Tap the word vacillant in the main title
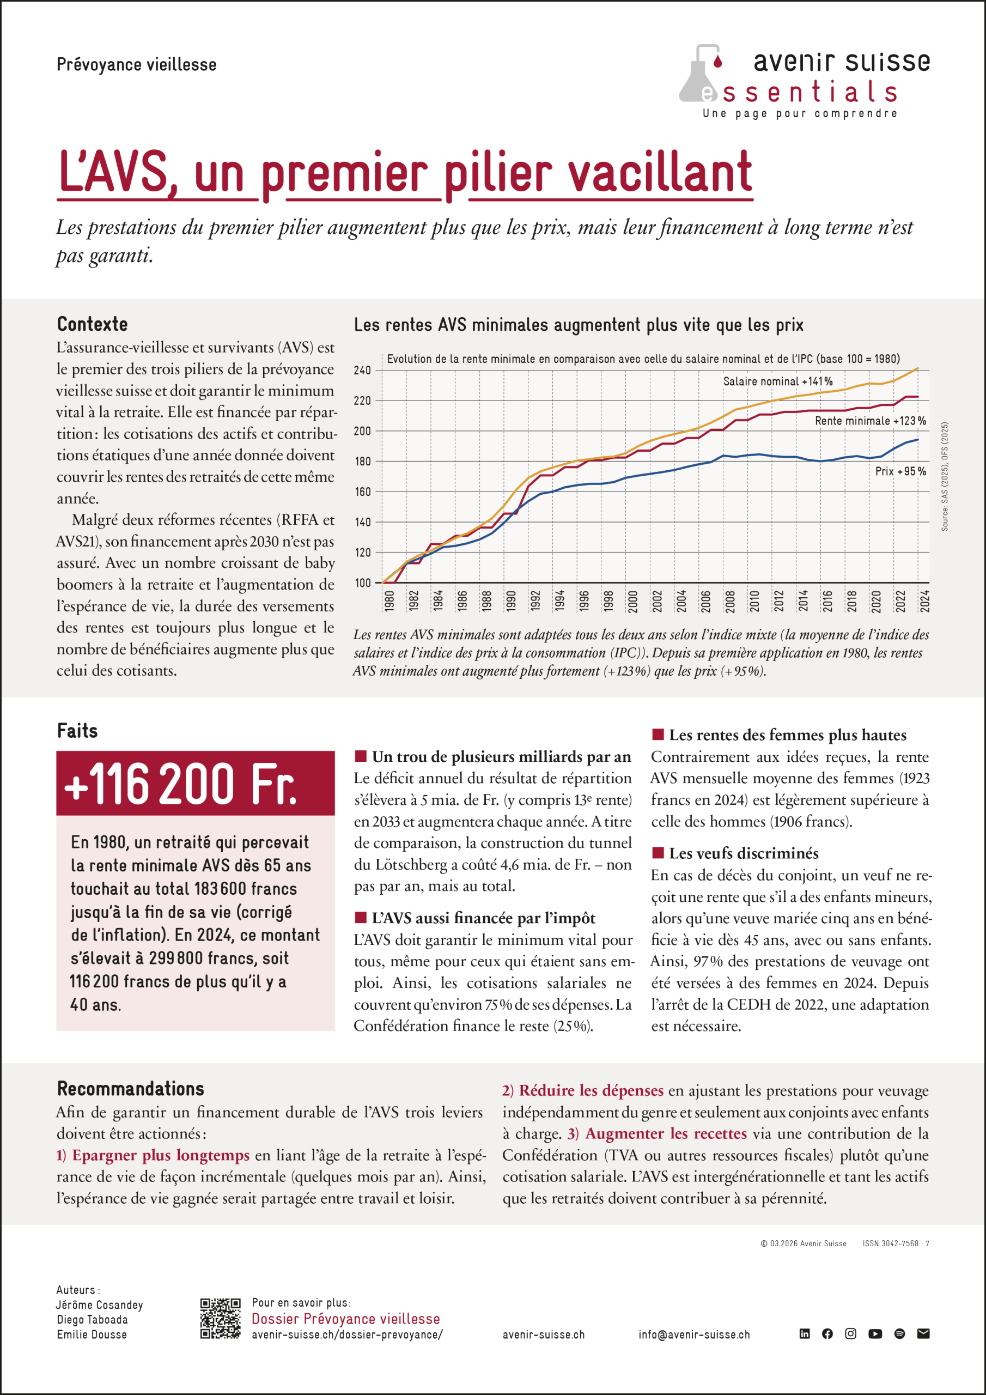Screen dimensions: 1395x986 (x=659, y=173)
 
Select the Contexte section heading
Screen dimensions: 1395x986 (x=93, y=324)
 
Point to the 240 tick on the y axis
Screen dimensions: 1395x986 (x=362, y=371)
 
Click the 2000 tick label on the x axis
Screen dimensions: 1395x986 (x=632, y=601)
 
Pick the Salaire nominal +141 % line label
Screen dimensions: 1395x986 (x=777, y=381)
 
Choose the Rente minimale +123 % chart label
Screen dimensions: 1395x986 (x=870, y=421)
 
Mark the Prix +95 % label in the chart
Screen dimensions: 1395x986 (x=900, y=471)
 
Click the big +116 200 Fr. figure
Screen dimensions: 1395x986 (x=180, y=784)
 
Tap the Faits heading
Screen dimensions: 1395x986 (x=77, y=730)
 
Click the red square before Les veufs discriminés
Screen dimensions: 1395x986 (x=658, y=852)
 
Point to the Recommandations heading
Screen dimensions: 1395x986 (x=131, y=1088)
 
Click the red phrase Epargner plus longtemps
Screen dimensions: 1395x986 (x=160, y=1155)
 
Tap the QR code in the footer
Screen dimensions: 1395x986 (x=221, y=1319)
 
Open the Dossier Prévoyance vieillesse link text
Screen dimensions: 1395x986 (x=346, y=1319)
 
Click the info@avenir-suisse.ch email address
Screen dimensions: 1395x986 (x=694, y=1335)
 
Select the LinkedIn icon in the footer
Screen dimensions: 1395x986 (x=805, y=1333)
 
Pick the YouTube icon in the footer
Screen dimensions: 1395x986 (x=875, y=1333)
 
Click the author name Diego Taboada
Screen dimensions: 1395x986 (x=93, y=1320)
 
